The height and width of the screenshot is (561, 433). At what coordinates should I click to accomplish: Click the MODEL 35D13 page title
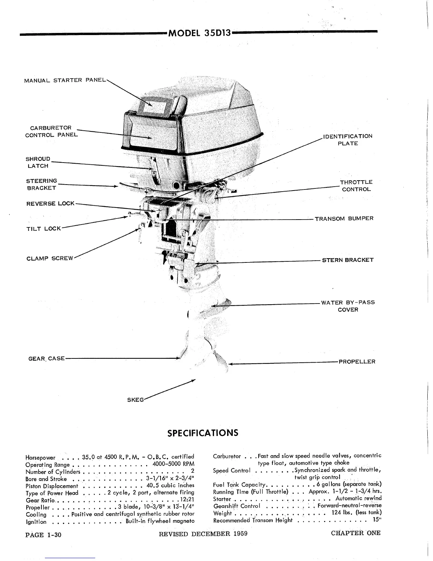pos(200,33)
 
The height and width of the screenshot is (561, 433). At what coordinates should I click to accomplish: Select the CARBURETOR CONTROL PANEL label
pos(51,131)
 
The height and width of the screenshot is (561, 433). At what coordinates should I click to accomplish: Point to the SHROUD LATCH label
pos(38,162)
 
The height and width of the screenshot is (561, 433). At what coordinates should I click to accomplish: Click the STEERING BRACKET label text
pos(41,185)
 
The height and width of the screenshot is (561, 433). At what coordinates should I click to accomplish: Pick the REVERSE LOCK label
pos(50,204)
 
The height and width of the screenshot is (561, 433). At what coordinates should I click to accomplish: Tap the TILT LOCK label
pos(44,229)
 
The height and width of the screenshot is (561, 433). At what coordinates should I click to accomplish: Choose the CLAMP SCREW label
pos(50,258)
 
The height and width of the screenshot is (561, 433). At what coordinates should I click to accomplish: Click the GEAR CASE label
pos(46,358)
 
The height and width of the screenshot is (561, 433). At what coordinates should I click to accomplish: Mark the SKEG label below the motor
pos(135,400)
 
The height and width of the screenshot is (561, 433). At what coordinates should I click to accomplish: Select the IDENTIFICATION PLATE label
pos(347,140)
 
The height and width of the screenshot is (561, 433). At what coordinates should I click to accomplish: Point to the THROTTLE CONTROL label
pos(356,186)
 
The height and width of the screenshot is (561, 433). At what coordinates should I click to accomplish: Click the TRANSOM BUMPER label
pos(344,219)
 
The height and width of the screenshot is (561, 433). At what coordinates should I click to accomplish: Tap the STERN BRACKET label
pos(347,260)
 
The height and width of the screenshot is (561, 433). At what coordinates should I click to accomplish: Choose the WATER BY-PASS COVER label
pos(348,306)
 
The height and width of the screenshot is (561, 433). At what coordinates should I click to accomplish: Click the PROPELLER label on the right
pos(357,362)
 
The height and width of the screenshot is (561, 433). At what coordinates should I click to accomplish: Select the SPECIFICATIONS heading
pos(203,433)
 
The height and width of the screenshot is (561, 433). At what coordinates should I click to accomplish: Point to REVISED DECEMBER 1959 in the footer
pos(203,534)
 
